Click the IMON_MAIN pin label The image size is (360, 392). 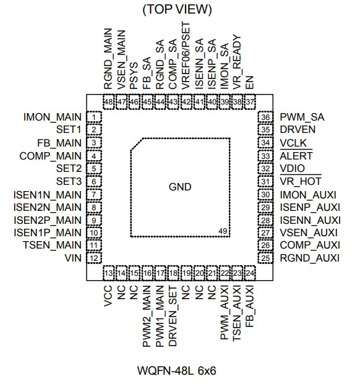(53, 117)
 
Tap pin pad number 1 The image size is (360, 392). (94, 117)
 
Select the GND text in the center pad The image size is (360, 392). (180, 187)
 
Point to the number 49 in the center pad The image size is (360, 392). (223, 231)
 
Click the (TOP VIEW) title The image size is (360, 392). (177, 9)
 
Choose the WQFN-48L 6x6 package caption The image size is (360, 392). (177, 370)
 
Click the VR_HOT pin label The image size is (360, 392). (301, 181)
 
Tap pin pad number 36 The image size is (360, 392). (265, 117)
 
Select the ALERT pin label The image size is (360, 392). (296, 156)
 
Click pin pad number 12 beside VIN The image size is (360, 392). (94, 258)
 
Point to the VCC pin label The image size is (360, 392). (108, 297)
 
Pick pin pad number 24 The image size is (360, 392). (250, 273)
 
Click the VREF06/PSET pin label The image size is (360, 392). (186, 55)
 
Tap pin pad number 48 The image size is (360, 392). (109, 102)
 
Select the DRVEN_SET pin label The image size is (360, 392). (173, 317)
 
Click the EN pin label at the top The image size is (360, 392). (250, 82)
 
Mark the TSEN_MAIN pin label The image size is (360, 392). (52, 245)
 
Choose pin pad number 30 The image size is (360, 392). (265, 194)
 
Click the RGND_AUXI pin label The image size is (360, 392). (310, 258)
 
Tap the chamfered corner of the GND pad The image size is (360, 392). (137, 144)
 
